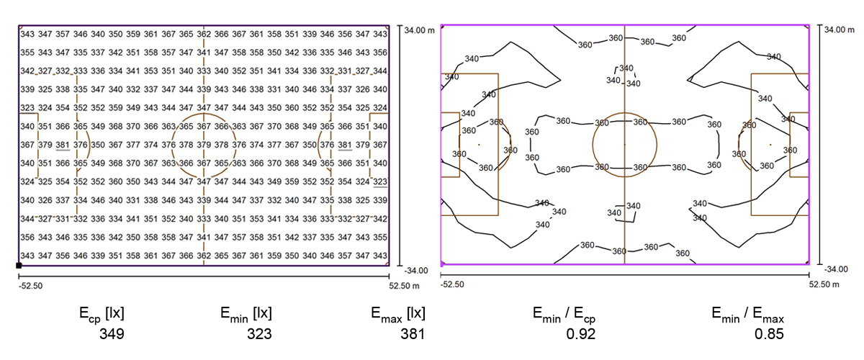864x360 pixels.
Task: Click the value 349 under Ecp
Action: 112,334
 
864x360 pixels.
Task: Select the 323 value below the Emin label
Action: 259,334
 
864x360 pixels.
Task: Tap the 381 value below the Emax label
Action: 413,334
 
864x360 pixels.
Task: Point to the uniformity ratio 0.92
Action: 580,334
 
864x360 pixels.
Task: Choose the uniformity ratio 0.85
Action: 769,334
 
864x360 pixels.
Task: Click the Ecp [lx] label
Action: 102,314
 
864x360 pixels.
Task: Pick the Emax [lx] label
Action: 398,314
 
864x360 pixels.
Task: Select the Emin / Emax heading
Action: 747,315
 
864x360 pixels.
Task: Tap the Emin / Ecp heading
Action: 564,315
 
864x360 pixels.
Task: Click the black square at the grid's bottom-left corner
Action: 19,266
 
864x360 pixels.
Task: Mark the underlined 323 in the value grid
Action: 380,181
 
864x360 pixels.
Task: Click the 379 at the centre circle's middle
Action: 204,145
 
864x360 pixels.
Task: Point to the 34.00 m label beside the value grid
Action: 419,30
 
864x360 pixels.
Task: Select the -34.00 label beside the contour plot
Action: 836,269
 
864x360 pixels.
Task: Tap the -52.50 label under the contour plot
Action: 452,284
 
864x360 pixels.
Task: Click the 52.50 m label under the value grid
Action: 404,286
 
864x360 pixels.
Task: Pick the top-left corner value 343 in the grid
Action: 27,34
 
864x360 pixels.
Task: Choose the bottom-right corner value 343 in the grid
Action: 380,256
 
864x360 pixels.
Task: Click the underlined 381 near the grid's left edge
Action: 63,145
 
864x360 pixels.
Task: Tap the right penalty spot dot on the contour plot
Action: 770,145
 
